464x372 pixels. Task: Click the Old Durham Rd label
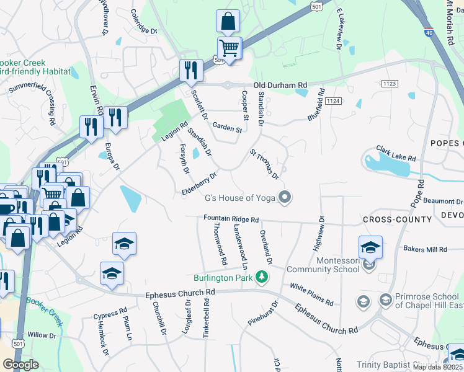(x=280, y=85)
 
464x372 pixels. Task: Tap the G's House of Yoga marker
(x=285, y=198)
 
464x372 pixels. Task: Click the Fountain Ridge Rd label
(x=231, y=219)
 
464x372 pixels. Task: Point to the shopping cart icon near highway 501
(x=229, y=48)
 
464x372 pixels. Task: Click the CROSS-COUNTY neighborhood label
(x=397, y=219)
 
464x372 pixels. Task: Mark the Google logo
(x=20, y=365)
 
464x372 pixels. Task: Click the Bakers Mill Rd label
(x=425, y=249)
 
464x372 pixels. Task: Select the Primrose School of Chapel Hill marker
(x=385, y=300)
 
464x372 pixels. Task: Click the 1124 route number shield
(x=333, y=100)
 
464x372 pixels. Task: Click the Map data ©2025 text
(x=438, y=367)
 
